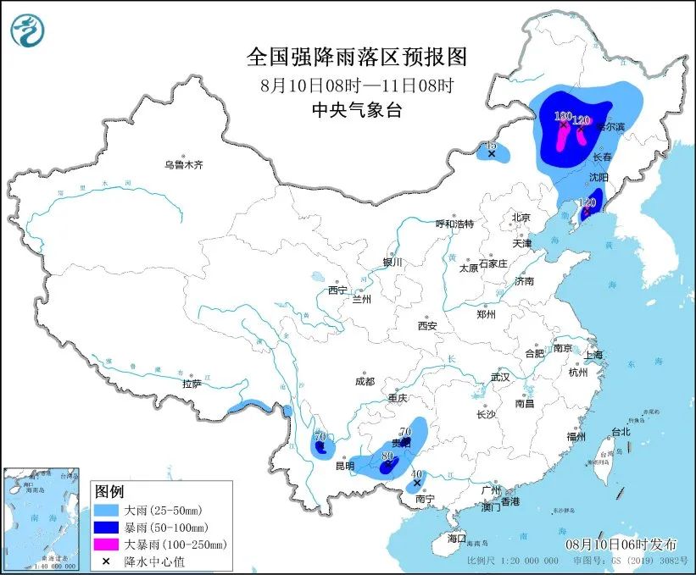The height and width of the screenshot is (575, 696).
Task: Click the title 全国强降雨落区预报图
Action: [x=356, y=57]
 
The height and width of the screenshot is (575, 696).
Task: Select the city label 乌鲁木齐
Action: [x=184, y=164]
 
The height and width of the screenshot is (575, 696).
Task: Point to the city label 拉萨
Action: [x=192, y=383]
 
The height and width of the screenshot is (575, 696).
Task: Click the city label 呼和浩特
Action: [x=454, y=224]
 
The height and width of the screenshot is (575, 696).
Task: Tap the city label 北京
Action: [x=521, y=218]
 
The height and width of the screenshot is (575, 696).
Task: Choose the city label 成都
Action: [x=365, y=381]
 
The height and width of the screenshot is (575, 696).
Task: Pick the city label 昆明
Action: [x=344, y=466]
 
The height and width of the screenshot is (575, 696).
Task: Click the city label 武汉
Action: [x=501, y=377]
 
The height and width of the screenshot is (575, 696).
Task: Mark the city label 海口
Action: [x=457, y=539]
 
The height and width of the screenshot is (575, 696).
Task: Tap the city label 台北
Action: [x=621, y=431]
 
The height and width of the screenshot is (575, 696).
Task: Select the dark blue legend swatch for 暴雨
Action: [x=109, y=528]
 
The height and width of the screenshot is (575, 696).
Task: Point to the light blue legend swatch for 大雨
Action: [x=109, y=511]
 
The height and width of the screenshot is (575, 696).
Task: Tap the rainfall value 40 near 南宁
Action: [x=416, y=474]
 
